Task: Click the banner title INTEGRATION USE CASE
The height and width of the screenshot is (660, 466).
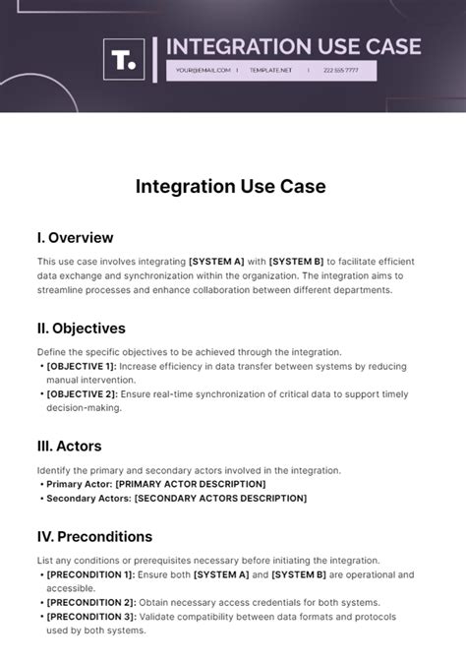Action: pyautogui.click(x=294, y=46)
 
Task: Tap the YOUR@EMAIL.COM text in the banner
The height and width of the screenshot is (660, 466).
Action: pyautogui.click(x=204, y=71)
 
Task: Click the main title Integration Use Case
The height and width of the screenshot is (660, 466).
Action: pyautogui.click(x=231, y=186)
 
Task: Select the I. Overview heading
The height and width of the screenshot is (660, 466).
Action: pyautogui.click(x=75, y=237)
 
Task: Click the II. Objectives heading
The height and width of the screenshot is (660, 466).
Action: pyautogui.click(x=82, y=328)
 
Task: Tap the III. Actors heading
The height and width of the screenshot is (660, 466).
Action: pyautogui.click(x=69, y=446)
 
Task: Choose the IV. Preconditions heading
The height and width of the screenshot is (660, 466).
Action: pyautogui.click(x=94, y=536)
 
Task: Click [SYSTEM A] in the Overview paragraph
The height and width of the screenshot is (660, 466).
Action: pyautogui.click(x=216, y=261)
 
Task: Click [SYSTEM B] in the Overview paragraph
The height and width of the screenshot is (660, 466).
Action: pyautogui.click(x=296, y=261)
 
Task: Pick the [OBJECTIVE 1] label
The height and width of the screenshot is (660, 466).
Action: pyautogui.click(x=82, y=366)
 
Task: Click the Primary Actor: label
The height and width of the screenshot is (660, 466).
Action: pyautogui.click(x=79, y=484)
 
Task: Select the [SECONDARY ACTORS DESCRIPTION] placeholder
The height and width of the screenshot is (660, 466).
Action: pyautogui.click(x=220, y=499)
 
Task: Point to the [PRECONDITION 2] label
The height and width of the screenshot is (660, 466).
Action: pyautogui.click(x=89, y=602)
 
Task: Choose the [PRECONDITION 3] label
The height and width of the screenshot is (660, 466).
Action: pyautogui.click(x=89, y=617)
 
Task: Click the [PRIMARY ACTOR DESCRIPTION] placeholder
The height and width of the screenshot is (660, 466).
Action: pyautogui.click(x=191, y=484)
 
